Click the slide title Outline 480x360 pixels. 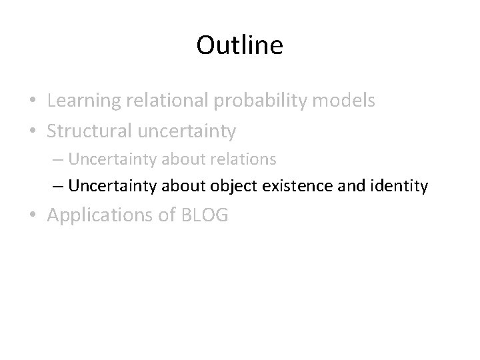click(240, 45)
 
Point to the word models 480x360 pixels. click(344, 101)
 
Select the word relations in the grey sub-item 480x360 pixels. click(245, 160)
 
